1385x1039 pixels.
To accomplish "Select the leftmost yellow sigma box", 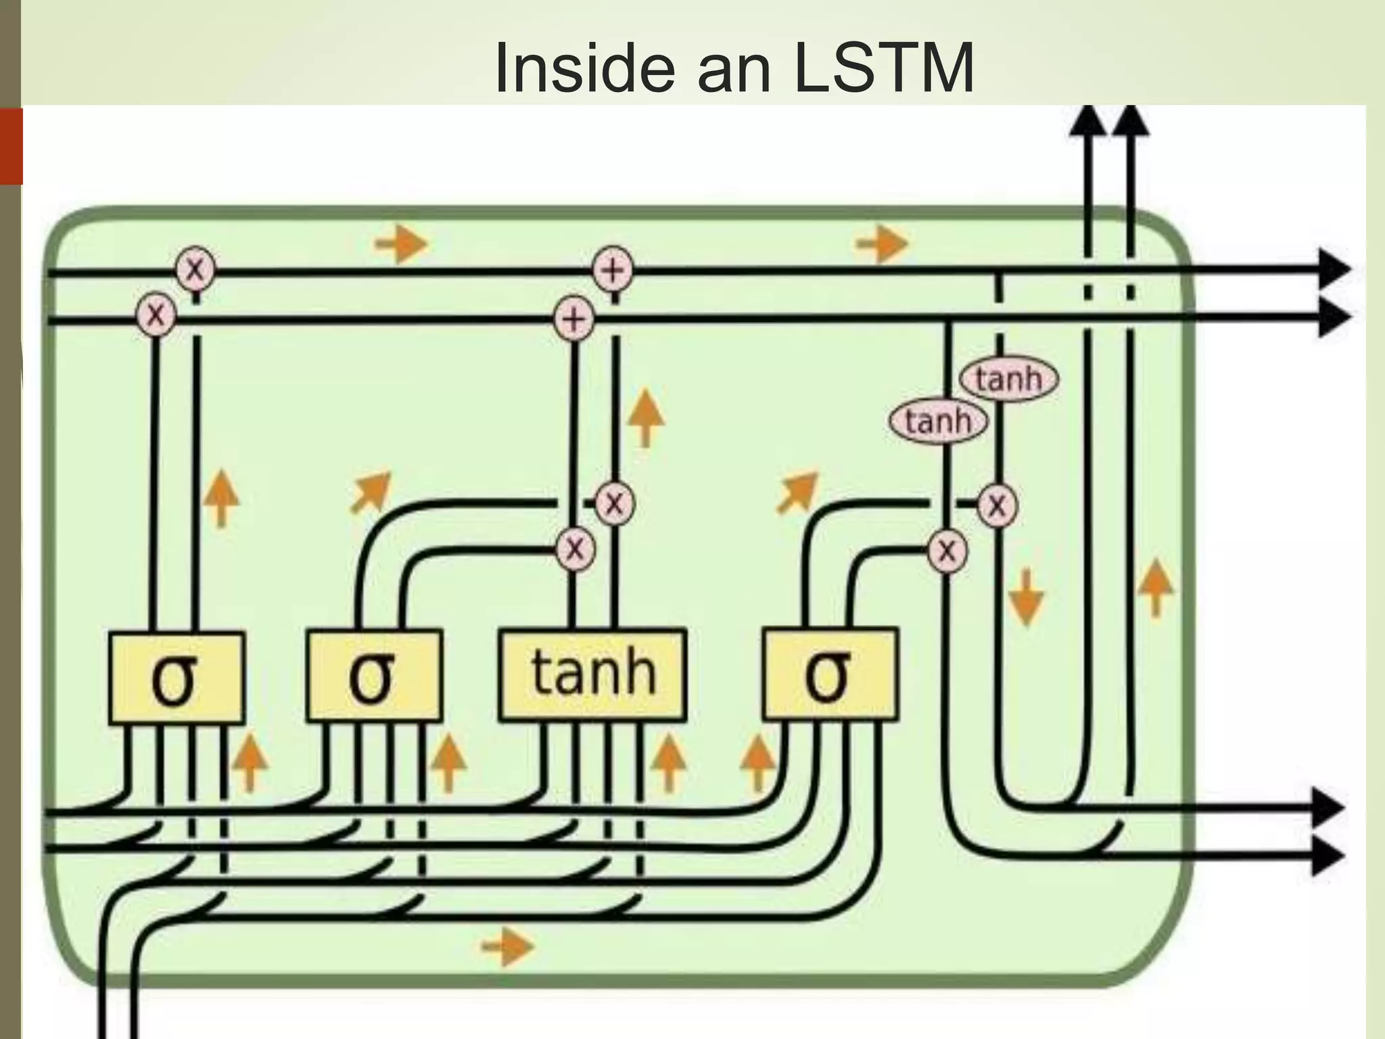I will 176,677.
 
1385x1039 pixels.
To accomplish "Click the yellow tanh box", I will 592,674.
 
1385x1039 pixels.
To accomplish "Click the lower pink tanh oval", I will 938,421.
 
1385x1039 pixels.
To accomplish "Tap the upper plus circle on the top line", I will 613,270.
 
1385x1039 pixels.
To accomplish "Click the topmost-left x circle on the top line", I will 195,269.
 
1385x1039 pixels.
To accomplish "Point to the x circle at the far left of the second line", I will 156,315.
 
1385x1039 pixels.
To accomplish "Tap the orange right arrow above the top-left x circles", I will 402,242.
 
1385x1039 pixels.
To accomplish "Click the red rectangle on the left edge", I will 11,146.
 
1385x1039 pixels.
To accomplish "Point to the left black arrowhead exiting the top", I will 1087,122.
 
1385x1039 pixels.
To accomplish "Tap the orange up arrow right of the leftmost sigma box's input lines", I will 250,762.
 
